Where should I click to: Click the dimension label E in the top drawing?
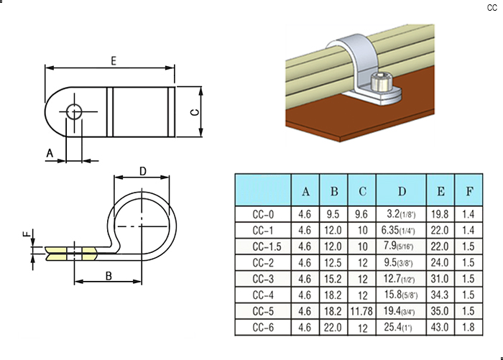coord(114,61)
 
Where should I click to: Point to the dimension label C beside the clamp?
coord(193,113)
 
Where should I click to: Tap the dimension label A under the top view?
coord(50,154)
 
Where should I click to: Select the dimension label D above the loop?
coord(142,171)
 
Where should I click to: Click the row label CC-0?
coord(263,213)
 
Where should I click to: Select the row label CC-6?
coord(263,327)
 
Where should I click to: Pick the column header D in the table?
coord(401,191)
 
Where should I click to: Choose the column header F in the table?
coord(469,191)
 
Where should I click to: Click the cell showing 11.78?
coord(362,311)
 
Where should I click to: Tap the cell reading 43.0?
coord(440,327)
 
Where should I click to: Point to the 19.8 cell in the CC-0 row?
coord(440,213)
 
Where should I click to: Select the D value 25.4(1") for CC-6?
coord(401,327)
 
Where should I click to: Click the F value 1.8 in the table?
coord(469,327)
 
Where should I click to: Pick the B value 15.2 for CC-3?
coord(333,278)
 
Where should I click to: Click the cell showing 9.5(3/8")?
coord(401,262)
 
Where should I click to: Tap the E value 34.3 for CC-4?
coord(440,295)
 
